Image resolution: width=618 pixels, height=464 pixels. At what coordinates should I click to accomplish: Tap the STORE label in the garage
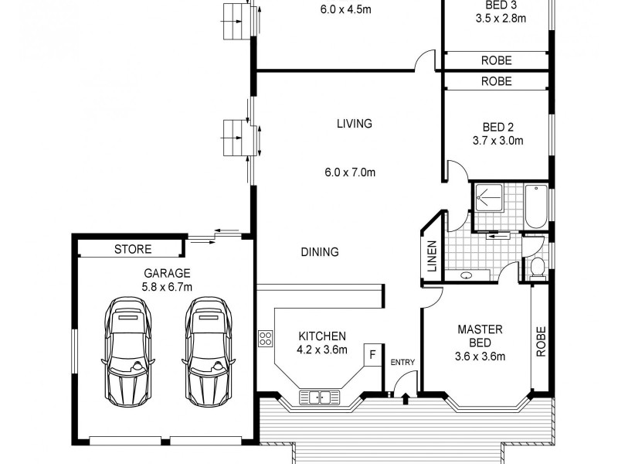point(133,249)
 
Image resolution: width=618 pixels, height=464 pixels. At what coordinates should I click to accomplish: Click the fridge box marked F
point(372,355)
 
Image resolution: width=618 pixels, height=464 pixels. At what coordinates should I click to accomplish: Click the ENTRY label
point(402,362)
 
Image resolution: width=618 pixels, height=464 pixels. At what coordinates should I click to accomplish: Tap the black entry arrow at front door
point(406,397)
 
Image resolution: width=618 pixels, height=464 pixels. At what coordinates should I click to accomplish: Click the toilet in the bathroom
point(538,267)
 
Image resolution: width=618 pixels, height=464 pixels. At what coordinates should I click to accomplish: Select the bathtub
point(535,206)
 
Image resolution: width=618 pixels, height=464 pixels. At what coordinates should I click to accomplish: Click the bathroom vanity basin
point(468,275)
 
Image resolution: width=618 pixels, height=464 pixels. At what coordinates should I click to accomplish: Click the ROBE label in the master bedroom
point(541,341)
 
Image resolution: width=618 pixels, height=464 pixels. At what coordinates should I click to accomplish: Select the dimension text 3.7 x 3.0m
point(497,141)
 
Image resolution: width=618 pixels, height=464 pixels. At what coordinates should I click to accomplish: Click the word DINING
point(320,251)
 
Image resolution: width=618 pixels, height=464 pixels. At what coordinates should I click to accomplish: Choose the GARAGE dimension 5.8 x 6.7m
point(167,287)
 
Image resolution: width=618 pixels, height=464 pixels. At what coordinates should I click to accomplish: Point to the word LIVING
point(355,123)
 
